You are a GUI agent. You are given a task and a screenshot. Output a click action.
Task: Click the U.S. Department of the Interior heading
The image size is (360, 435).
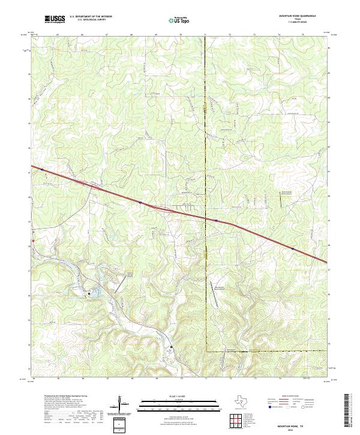91,17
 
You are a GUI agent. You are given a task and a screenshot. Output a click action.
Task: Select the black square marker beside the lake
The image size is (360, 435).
89,293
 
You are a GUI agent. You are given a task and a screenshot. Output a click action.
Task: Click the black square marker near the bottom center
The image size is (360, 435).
170,347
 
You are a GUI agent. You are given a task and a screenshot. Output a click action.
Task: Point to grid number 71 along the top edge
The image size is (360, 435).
205,36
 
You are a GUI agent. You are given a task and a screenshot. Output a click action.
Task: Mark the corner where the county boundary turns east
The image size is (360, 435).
206,351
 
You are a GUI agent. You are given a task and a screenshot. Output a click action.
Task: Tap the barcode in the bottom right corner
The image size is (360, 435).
352,413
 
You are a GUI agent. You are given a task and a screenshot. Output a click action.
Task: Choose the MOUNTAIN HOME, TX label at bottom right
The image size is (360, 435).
294,424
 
